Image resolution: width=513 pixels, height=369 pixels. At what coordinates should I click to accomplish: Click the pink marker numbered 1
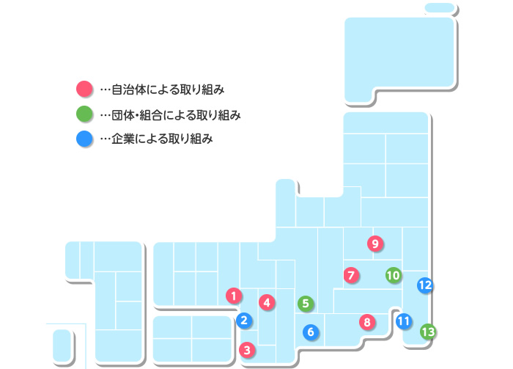pos(233,296)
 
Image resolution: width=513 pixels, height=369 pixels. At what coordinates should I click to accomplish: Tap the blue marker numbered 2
pos(245,320)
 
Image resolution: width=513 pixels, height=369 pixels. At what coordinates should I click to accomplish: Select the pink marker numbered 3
pos(248,350)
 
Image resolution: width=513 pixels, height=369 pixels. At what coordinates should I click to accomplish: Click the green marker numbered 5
pos(306,302)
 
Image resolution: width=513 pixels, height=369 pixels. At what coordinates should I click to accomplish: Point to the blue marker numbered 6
pos(311,332)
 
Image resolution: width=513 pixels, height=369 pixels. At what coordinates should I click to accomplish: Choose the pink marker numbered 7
pos(351,275)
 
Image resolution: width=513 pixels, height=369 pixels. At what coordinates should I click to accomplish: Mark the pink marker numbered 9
pos(374,243)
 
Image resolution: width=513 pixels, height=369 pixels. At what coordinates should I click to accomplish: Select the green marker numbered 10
pos(393,275)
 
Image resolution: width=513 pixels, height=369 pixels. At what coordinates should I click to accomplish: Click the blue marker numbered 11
pos(403,321)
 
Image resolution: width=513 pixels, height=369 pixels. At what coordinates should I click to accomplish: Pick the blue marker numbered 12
pos(424,285)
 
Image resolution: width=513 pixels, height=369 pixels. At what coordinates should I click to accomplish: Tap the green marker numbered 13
pos(428,332)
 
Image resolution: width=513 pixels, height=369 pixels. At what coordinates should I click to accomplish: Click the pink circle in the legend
pos(84,89)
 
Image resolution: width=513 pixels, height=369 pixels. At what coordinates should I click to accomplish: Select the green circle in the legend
pos(84,114)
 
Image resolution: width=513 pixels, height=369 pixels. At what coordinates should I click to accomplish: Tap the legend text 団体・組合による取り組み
pos(176,114)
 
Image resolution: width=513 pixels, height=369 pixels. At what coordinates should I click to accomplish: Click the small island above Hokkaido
pos(440,8)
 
